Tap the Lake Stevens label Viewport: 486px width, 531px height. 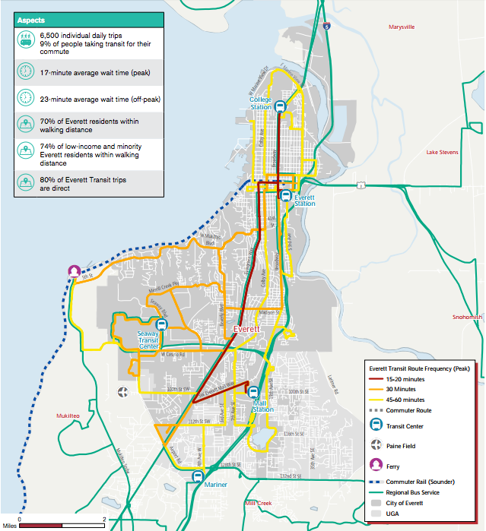(x=442, y=153)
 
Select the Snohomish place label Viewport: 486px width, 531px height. (x=466, y=318)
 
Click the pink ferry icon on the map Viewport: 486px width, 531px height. (x=74, y=271)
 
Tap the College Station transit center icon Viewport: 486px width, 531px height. (x=280, y=108)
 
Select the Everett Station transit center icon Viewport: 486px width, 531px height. (x=286, y=195)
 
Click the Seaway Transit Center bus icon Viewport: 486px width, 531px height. (x=172, y=322)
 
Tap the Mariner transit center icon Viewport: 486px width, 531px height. (x=198, y=476)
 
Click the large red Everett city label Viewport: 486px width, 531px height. (x=247, y=329)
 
